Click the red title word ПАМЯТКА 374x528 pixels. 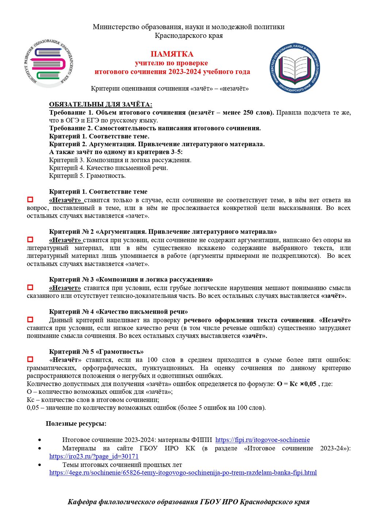coord(172,54)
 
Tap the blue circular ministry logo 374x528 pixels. coord(295,68)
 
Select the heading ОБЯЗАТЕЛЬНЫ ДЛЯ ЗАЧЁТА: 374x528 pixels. coord(100,105)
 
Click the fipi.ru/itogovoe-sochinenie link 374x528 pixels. coord(262,440)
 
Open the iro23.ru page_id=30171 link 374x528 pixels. coord(94,456)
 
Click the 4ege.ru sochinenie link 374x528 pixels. coord(183,473)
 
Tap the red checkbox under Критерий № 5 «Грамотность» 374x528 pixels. coord(30,360)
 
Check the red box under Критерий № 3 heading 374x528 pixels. coord(30,287)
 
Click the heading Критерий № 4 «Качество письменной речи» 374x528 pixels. coord(118,312)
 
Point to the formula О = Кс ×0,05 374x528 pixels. coord(297,384)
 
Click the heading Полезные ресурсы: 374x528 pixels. coord(76,423)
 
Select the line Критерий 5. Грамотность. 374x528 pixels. coord(87,176)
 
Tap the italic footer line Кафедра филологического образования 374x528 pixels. coord(188,502)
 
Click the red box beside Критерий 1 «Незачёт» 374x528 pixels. coord(30,199)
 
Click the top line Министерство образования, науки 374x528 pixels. coord(188,27)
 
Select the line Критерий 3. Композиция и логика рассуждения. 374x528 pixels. coord(120,160)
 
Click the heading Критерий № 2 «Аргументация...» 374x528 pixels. coord(163,232)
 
